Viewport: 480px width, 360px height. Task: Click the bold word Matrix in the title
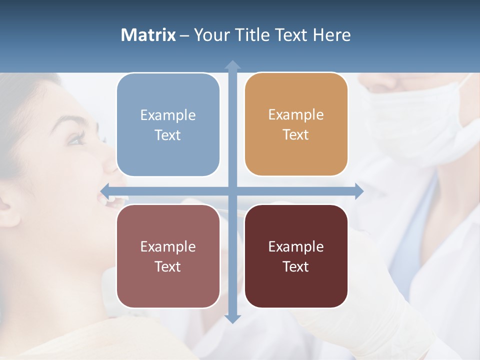(148, 35)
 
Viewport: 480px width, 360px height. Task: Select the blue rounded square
(168, 125)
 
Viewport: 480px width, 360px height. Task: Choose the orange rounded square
(296, 124)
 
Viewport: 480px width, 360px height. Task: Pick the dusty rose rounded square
(168, 256)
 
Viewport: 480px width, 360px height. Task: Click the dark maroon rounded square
(296, 256)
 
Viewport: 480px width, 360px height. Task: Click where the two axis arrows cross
(232, 191)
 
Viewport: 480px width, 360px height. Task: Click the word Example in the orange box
(296, 114)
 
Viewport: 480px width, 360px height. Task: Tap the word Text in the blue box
(167, 135)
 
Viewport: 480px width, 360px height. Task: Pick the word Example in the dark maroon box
(296, 246)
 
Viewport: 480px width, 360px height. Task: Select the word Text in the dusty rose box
(167, 266)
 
